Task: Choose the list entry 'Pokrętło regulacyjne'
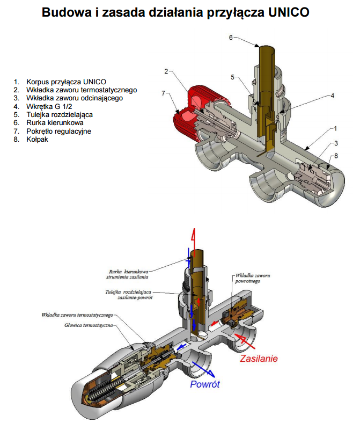tap(59, 132)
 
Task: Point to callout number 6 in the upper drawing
tap(231, 38)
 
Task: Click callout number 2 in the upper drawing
tap(166, 71)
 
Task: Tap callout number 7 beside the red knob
tap(163, 94)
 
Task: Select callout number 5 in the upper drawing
tap(233, 77)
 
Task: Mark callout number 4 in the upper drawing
tap(332, 95)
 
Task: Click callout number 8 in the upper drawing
tap(336, 156)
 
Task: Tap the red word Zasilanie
tap(259, 358)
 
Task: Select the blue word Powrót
tap(205, 384)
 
